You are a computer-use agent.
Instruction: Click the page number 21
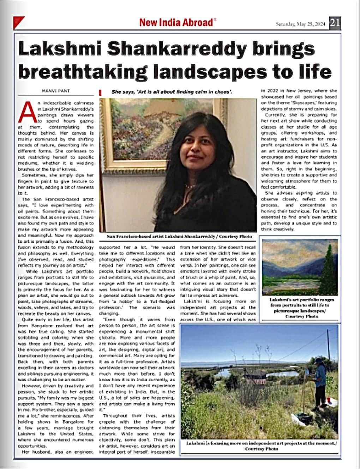(x=335, y=23)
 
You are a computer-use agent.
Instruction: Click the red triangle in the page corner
(x=18, y=22)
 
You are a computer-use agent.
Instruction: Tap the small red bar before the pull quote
(x=101, y=92)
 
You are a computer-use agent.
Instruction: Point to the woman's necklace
(x=191, y=184)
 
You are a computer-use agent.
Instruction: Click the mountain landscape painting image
(x=300, y=267)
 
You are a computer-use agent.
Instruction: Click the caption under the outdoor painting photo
(x=261, y=446)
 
